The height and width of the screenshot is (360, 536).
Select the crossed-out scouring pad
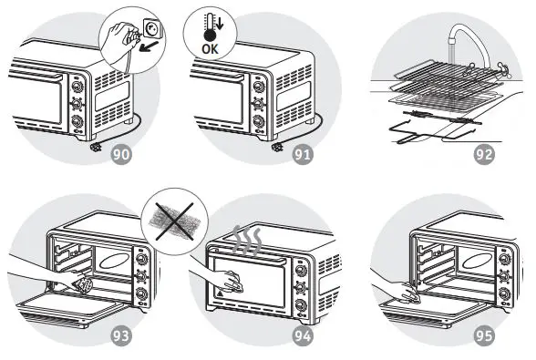click(x=175, y=219)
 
